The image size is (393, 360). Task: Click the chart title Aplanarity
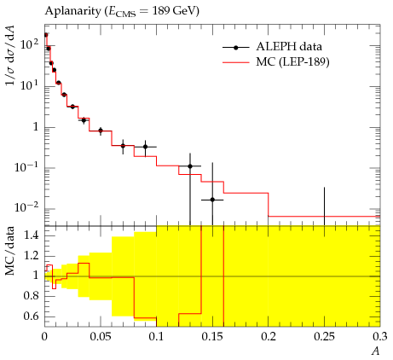click(x=72, y=11)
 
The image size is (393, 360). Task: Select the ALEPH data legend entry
click(x=272, y=47)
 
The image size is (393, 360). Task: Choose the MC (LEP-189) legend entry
click(x=276, y=62)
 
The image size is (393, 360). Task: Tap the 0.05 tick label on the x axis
click(x=101, y=337)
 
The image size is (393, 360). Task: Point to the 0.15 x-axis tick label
click(x=212, y=337)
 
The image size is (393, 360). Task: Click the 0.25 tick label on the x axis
click(x=324, y=337)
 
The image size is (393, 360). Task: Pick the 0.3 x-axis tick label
click(x=380, y=337)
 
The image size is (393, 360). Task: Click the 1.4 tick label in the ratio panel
click(x=32, y=235)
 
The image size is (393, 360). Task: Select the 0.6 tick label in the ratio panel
click(x=32, y=316)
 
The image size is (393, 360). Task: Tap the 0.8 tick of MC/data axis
click(x=32, y=296)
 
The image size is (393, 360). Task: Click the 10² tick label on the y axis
click(x=29, y=44)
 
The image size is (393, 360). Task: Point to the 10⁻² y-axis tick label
click(x=26, y=207)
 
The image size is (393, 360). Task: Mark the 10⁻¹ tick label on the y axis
click(x=26, y=166)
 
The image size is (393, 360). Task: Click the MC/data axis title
click(x=10, y=251)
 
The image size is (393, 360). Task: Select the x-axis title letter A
click(x=376, y=351)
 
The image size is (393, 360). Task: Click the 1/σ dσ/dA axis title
click(x=11, y=55)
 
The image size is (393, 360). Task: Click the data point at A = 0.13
click(x=190, y=166)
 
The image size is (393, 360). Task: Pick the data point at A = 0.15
click(x=212, y=200)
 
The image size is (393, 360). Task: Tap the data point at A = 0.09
click(x=145, y=147)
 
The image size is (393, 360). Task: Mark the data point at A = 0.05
click(x=101, y=131)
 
